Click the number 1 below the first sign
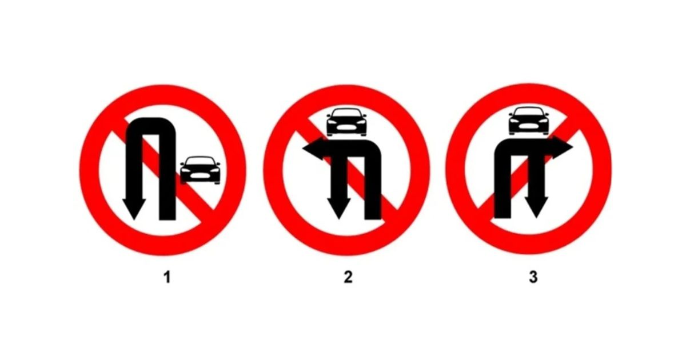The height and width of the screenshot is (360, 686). tap(167, 277)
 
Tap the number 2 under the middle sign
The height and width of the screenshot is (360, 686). tap(348, 277)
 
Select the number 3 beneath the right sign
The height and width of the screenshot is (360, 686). tap(533, 277)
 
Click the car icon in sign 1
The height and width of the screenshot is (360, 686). tap(200, 170)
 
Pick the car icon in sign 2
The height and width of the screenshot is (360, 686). tap(346, 122)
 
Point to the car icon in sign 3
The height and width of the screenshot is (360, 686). tap(529, 121)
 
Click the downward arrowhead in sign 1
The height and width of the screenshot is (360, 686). tap(134, 209)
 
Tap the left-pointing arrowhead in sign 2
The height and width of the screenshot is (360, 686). tap(313, 149)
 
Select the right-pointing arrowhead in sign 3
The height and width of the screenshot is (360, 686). tap(563, 147)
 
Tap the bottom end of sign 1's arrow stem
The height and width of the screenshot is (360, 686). tap(167, 219)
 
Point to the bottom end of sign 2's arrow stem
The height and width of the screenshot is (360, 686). tap(373, 218)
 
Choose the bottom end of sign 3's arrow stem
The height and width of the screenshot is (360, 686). tap(502, 217)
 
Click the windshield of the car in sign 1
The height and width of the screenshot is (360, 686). tap(200, 161)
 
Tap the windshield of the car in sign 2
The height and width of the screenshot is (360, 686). tap(346, 113)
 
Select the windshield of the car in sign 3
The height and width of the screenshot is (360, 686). tap(529, 112)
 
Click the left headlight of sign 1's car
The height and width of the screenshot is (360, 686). tap(186, 170)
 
